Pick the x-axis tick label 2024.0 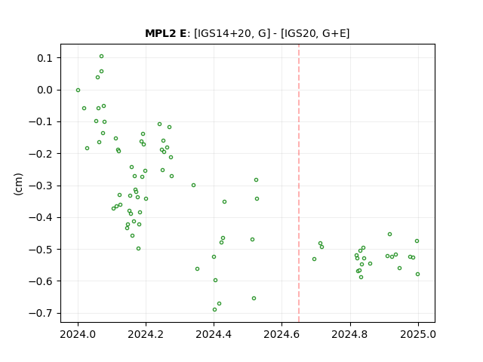tap(78, 334)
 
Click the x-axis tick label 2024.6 tap(281, 334)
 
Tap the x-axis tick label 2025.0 tap(418, 334)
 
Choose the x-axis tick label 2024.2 tap(146, 334)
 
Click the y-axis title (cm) tap(18, 184)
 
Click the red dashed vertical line tap(299, 183)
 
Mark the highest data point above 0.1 tap(101, 57)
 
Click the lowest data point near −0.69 tap(214, 310)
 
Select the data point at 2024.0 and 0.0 tap(78, 90)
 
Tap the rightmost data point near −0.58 tap(417, 275)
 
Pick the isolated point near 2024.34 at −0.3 tap(193, 186)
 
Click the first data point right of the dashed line tap(314, 259)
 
